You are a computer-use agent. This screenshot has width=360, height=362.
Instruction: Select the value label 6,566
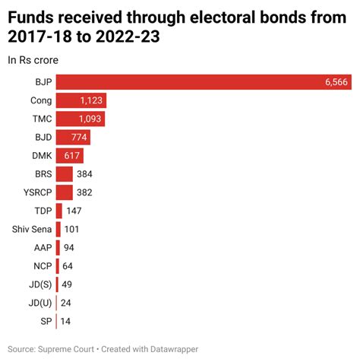336,82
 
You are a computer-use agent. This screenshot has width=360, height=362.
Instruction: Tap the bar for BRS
64,174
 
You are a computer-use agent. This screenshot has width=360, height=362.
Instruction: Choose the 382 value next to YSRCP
85,192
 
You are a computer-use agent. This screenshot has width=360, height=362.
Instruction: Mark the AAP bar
58,247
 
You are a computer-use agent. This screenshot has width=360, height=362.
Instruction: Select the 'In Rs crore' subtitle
34,59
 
